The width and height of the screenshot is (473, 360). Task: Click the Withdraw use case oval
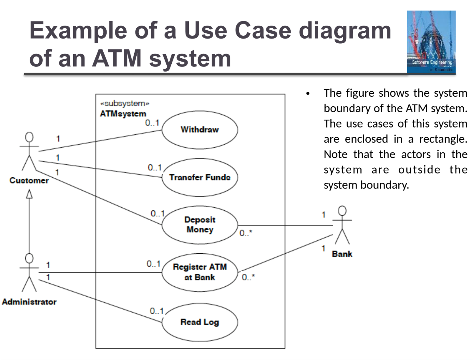coord(199,130)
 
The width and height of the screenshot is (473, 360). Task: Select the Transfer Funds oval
coord(199,177)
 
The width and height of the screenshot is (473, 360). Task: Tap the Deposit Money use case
coord(199,225)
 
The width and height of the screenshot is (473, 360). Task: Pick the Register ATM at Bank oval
coord(199,272)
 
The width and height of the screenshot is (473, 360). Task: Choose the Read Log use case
coord(199,322)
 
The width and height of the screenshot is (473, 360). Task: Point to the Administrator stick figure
coord(29,273)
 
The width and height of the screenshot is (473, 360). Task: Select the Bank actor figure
coord(342,225)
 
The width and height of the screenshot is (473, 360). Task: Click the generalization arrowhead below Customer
coord(29,194)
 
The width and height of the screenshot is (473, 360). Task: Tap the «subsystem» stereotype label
coord(125,103)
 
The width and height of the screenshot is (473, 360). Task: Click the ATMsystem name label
coord(123,114)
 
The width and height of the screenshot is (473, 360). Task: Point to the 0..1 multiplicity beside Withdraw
coord(152,123)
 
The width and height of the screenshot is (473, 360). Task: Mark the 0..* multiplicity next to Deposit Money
coord(246,233)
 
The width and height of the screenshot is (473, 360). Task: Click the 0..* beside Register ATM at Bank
coord(248,277)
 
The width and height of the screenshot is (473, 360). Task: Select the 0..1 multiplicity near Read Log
coord(157,311)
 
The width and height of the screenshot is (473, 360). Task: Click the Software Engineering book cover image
coord(431,42)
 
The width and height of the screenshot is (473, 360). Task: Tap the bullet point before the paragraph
coord(308,94)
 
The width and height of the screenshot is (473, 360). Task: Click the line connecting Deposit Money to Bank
coord(286,225)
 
